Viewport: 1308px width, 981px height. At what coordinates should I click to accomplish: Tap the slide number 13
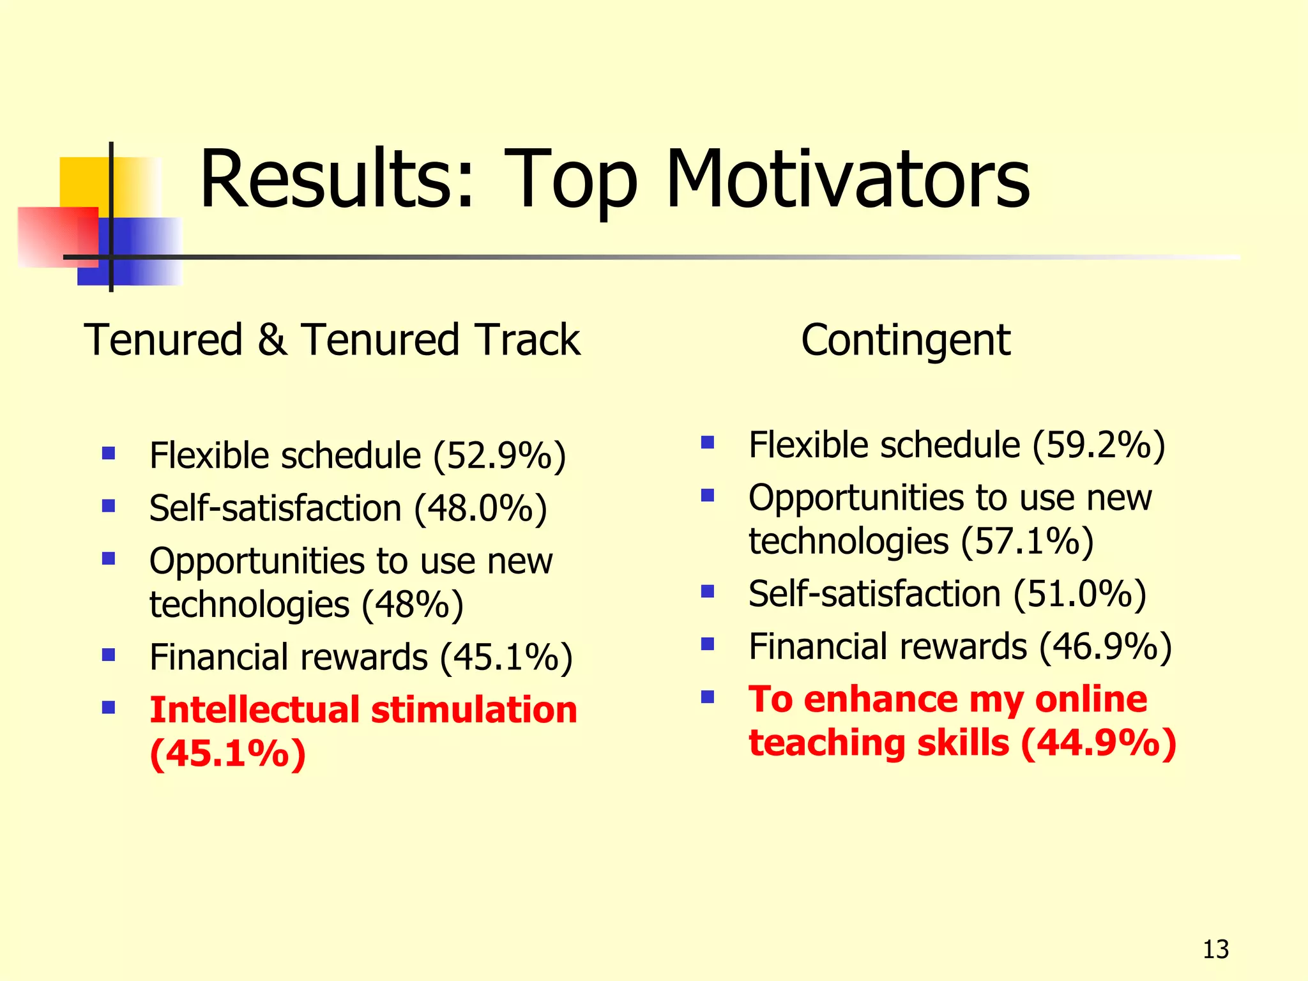1215,950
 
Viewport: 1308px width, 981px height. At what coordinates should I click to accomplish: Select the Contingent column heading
906,340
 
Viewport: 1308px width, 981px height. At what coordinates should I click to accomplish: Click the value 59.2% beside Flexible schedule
1099,445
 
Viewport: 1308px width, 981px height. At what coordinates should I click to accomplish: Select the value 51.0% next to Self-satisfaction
1079,594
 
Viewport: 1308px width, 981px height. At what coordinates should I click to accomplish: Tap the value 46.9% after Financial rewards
1105,646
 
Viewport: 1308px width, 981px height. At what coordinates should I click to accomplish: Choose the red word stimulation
474,710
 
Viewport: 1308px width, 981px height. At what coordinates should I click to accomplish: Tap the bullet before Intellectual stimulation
109,708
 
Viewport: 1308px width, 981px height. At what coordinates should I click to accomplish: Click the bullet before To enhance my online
707,697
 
